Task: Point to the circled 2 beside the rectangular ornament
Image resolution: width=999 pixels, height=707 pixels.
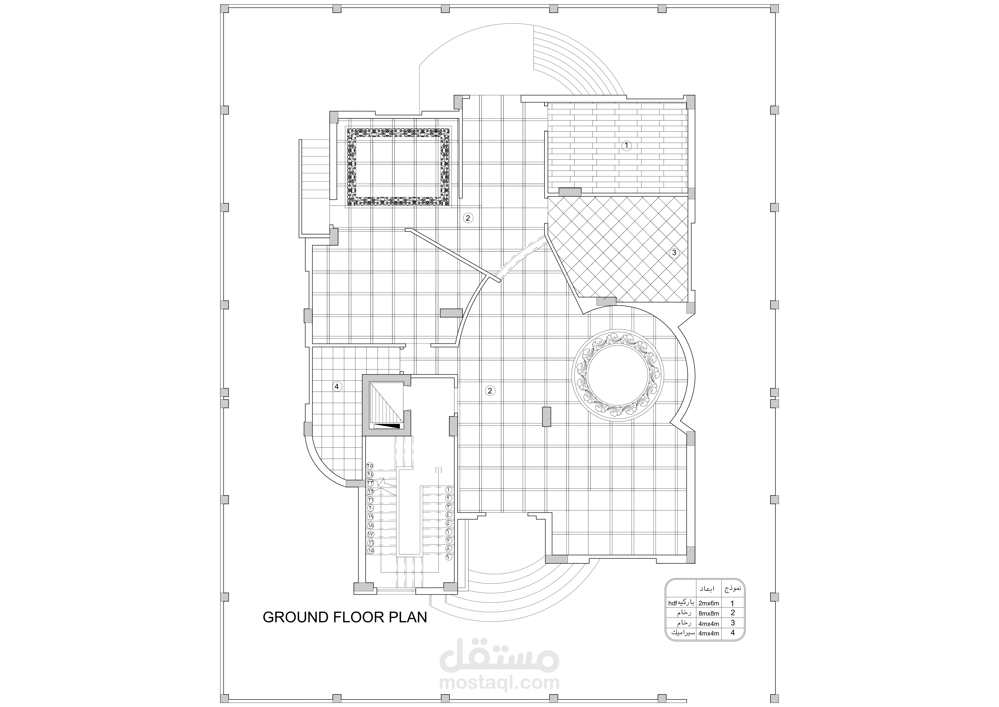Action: click(x=468, y=218)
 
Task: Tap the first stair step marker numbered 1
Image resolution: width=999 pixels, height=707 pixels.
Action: click(x=449, y=490)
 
